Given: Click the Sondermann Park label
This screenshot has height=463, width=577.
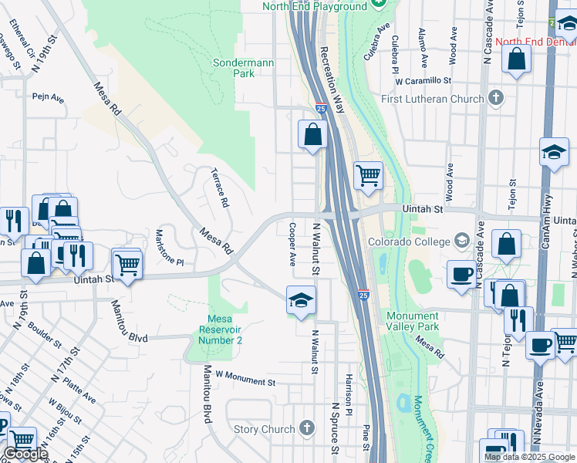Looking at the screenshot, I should (234, 68).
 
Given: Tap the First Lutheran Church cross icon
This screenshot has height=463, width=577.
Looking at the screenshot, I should (495, 98).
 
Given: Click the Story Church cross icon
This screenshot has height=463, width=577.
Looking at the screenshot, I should (306, 429).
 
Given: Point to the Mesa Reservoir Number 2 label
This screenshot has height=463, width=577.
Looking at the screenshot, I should (224, 330).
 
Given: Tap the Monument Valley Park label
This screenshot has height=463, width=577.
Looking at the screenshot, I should (412, 322).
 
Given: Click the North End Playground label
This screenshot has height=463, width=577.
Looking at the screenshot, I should (315, 6).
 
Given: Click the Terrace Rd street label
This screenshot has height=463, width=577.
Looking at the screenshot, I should (220, 189).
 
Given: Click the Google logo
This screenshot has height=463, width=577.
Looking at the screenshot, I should (26, 454).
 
